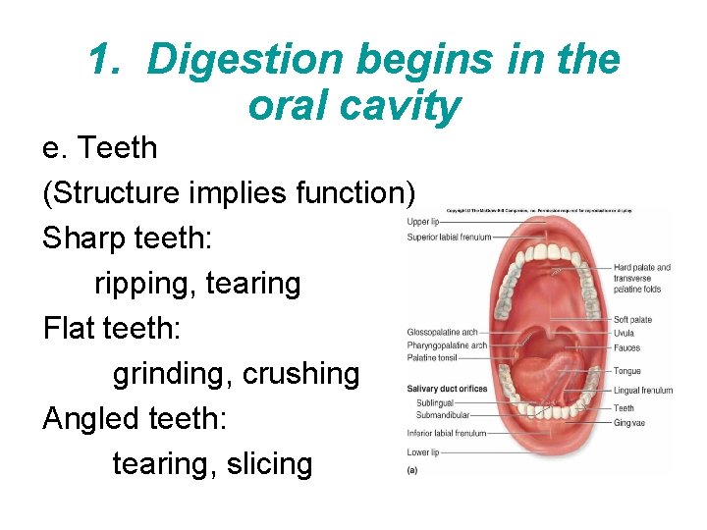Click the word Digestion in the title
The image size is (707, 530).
(245, 60)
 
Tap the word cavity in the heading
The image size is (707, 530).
(404, 105)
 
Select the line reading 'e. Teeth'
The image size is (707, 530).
(99, 148)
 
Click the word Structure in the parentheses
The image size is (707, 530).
(111, 193)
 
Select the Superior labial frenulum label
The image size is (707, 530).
(449, 237)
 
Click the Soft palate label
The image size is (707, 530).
(632, 320)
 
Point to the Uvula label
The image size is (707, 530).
(625, 333)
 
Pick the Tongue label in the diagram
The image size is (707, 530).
(626, 371)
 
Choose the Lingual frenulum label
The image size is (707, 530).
(643, 390)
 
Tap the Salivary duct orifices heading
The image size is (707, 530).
(447, 389)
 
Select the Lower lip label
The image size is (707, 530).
(423, 452)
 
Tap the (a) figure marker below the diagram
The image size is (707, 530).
(412, 470)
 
